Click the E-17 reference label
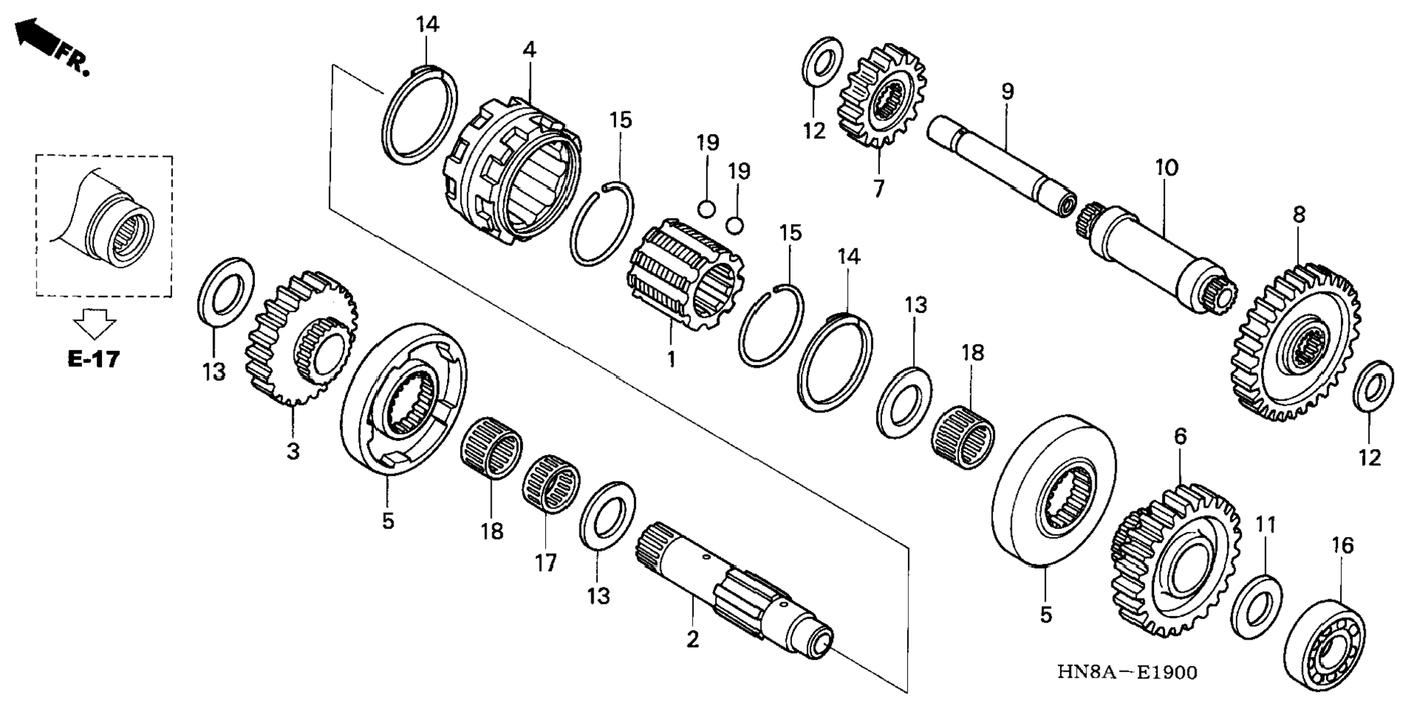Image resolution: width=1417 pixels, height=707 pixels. [x=93, y=359]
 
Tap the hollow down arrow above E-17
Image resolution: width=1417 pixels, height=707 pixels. [x=95, y=323]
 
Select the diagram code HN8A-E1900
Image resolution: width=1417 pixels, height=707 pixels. [x=1127, y=672]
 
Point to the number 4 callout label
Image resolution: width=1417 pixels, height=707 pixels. [x=529, y=50]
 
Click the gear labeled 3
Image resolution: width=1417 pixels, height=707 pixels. [x=302, y=338]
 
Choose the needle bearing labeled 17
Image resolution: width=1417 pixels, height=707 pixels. [x=551, y=484]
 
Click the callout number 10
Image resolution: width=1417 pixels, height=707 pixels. [x=1166, y=168]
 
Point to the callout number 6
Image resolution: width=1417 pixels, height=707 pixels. [x=1180, y=437]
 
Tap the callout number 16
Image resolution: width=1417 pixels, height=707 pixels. [x=1342, y=545]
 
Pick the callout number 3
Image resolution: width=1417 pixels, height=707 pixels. [x=293, y=451]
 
